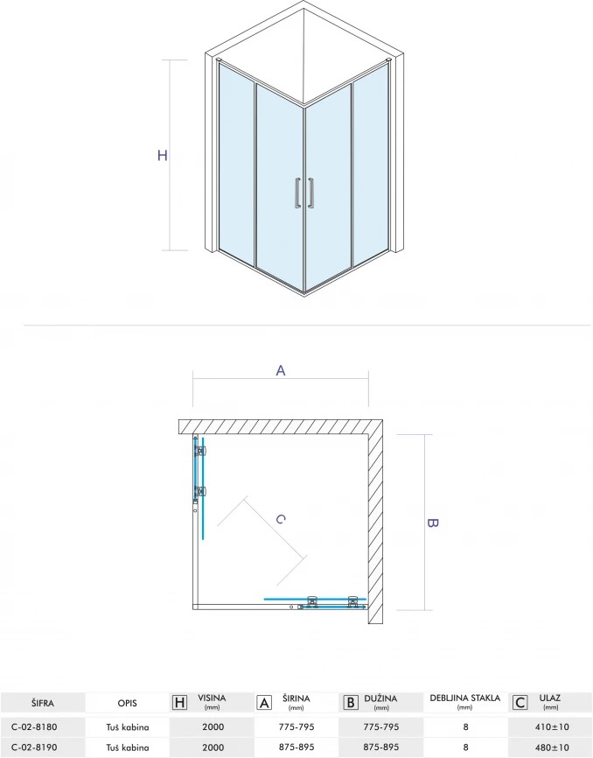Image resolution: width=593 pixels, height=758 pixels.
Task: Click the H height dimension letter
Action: pos(163,156)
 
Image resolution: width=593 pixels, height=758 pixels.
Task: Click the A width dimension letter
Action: pos(281,370)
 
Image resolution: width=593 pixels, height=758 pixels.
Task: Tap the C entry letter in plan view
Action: pos(280,519)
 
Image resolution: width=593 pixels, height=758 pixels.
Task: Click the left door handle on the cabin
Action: pos(298,193)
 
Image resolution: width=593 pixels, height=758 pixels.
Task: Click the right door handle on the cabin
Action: pos(310,193)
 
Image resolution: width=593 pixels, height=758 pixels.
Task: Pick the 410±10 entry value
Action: pos(550,726)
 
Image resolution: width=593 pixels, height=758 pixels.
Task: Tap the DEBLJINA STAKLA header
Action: pos(465,698)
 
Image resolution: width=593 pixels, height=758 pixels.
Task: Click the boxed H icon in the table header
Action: pos(179,702)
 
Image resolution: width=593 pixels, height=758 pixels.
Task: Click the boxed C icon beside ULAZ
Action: pos(520,702)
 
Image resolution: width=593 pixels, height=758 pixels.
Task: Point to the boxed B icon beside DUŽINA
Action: pos(349,702)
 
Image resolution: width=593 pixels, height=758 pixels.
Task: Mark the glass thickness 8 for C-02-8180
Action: pos(465,726)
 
